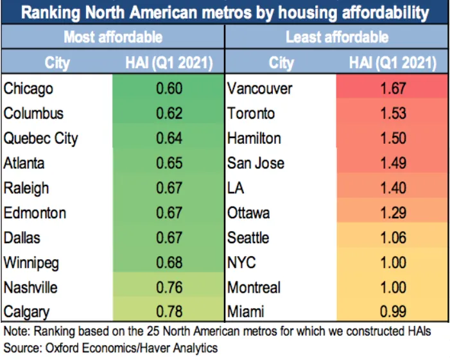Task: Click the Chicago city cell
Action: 28,89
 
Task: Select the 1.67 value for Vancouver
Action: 393,88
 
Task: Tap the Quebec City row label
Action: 40,139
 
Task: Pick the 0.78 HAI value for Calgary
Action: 169,312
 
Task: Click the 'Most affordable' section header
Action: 113,37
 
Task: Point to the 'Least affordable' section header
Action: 337,37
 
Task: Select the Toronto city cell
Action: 251,114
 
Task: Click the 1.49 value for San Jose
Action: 393,163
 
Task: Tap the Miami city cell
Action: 246,312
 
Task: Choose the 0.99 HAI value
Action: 393,312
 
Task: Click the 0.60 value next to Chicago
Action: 169,88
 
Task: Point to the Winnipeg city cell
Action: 31,263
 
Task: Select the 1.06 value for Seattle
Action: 393,237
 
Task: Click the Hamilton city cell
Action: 254,138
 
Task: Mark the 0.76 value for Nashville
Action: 169,287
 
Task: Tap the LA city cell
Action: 236,188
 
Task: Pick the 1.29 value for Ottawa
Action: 393,213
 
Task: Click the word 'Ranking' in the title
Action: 51,13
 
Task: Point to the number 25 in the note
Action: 153,331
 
